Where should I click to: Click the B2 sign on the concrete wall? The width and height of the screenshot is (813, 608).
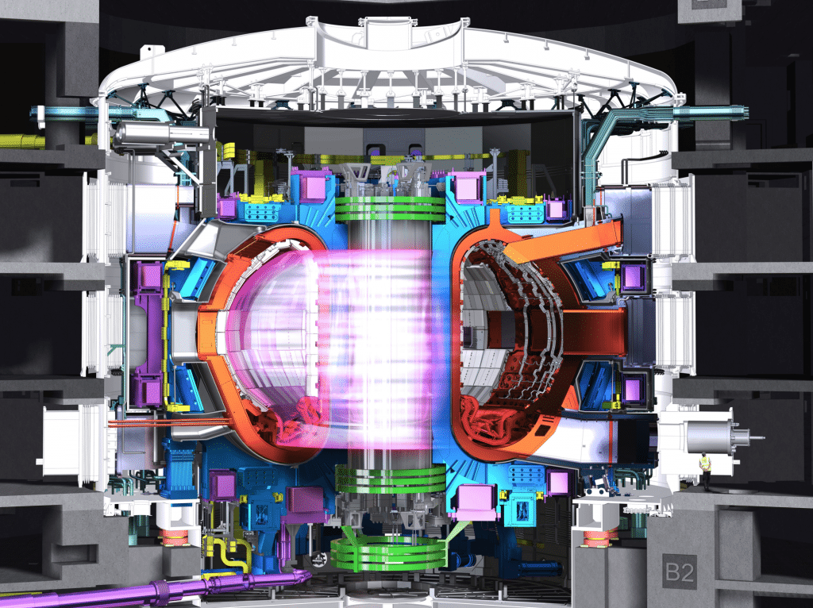(680, 571)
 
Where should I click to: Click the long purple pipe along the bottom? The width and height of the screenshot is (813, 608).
(156, 589)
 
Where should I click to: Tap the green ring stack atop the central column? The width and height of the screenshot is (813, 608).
(390, 209)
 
